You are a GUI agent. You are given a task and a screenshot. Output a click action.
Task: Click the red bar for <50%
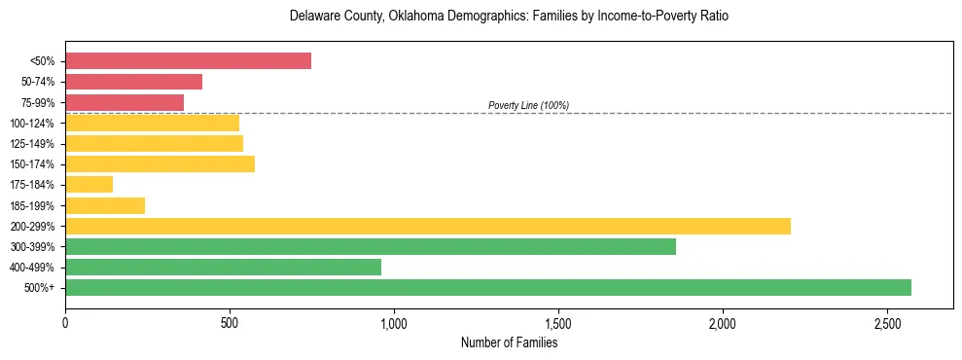(188, 61)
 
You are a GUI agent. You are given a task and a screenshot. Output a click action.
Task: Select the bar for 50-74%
(133, 82)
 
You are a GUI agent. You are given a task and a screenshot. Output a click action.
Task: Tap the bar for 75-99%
(125, 102)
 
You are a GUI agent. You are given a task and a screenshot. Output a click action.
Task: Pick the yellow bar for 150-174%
(160, 164)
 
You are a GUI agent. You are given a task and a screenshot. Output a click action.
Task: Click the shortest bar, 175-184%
(89, 185)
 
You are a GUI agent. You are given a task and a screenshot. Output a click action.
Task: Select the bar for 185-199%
(105, 205)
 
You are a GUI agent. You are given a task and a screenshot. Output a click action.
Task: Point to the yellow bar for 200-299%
(428, 226)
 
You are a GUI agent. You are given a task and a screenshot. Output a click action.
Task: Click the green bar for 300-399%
(371, 246)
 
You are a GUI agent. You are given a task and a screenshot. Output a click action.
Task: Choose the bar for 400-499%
(223, 267)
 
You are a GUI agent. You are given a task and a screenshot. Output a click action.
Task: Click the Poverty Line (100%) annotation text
(528, 105)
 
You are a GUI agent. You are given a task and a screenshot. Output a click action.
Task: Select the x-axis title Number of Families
(509, 342)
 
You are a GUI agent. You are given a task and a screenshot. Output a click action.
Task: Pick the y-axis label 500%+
(40, 288)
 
